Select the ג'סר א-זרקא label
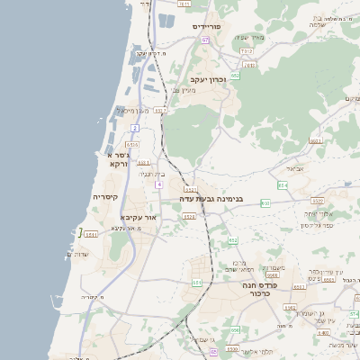119,159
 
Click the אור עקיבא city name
138,218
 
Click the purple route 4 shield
159,184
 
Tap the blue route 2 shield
135,129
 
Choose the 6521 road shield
190,190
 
